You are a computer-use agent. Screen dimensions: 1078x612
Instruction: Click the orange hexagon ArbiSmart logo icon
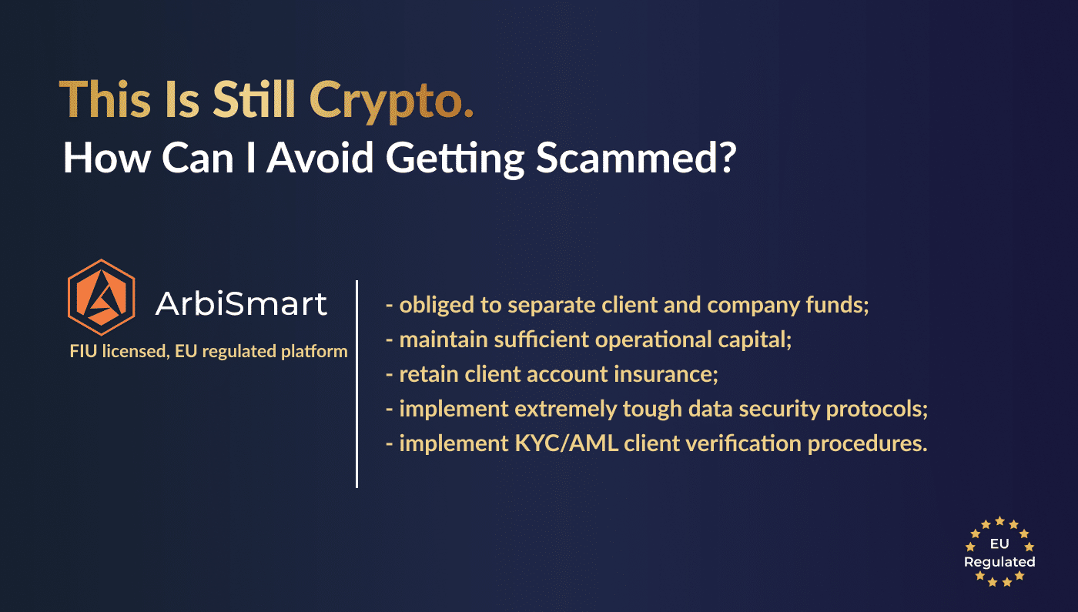click(102, 297)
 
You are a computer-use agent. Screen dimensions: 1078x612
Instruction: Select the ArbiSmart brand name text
click(241, 303)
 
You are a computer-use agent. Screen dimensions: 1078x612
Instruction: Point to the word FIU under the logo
click(83, 351)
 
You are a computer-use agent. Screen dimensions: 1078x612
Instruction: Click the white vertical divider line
click(357, 384)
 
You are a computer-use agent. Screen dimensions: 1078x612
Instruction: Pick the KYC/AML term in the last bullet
click(567, 443)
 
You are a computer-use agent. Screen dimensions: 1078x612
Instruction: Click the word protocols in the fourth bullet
click(877, 410)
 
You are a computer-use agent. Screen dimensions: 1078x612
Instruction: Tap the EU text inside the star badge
click(999, 543)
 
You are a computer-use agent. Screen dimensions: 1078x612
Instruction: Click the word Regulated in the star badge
click(999, 563)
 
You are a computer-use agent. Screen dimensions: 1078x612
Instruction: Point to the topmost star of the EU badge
click(999, 520)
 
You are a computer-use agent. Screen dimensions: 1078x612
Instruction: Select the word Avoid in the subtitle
click(320, 157)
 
